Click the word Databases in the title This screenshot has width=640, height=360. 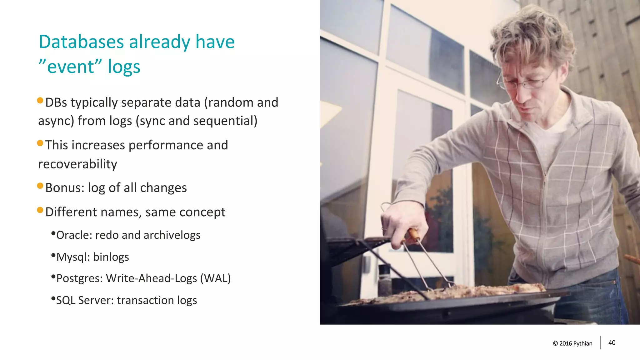81,42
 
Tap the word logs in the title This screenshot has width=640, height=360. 124,67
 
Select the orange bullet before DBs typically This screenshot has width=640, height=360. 40,101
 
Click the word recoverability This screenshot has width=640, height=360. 77,164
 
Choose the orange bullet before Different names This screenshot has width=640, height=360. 40,210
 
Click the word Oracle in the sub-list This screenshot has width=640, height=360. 73,235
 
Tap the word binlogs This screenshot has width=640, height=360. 111,257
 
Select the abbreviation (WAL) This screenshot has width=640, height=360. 215,278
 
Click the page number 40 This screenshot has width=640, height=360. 612,343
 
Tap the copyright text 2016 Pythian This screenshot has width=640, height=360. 575,343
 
